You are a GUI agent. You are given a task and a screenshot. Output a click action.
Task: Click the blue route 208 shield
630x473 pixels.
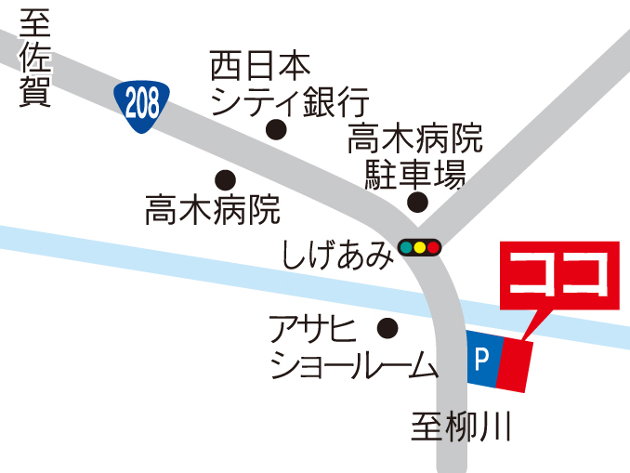(143, 104)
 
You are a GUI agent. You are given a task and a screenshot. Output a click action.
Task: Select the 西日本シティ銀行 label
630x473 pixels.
(289, 83)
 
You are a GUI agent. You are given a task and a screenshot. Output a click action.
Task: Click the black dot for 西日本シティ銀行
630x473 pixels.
(275, 130)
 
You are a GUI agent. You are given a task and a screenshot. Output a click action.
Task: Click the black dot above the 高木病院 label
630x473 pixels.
(225, 179)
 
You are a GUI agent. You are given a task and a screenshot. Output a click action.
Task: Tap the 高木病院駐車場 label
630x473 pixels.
(415, 156)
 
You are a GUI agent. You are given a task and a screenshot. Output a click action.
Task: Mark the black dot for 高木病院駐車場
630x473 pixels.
(419, 203)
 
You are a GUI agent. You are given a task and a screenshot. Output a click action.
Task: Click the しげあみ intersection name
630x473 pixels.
(336, 252)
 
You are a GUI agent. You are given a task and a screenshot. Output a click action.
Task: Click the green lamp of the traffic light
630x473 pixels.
(407, 248)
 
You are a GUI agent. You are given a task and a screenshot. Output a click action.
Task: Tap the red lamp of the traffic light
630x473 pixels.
(432, 248)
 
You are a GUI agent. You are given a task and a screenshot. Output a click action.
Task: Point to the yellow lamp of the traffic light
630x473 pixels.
(419, 248)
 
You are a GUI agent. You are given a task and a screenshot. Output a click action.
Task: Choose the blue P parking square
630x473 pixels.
(482, 357)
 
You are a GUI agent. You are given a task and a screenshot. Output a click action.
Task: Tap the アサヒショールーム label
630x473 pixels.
(353, 348)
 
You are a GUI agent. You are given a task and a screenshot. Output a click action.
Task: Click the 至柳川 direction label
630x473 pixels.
(462, 428)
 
